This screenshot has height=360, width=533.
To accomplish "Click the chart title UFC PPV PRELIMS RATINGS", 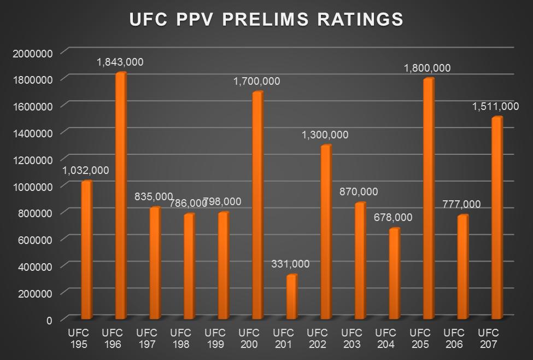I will coord(266,19).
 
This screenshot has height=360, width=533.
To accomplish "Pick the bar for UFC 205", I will coord(428,199).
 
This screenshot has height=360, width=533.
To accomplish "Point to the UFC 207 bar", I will coord(496,218).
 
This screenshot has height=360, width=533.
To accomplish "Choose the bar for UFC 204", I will coord(394,274).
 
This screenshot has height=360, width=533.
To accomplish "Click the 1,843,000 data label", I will coord(120,62).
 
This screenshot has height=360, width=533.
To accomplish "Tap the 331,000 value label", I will coord(290,264).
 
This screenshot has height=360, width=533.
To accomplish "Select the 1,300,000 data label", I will coord(325,135).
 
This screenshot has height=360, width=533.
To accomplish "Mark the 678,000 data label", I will coord(394,218).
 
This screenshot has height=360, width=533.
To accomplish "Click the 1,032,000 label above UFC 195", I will coord(86,171).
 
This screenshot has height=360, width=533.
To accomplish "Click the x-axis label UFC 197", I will coord(147,338).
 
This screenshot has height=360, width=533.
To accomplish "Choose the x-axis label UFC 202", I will coord(317,338).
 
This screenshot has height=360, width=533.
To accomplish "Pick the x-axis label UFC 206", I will coord(454,338).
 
